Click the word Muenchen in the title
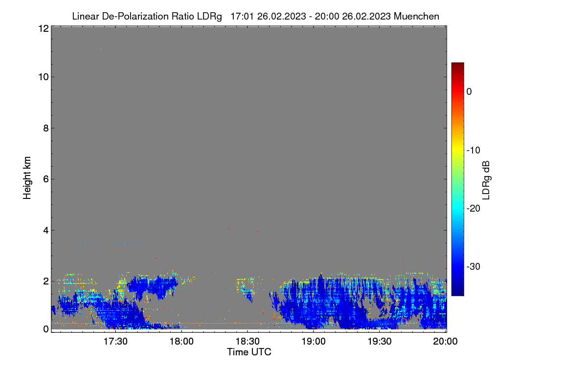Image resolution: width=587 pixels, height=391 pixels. click(x=416, y=17)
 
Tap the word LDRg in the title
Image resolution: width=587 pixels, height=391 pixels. click(x=209, y=17)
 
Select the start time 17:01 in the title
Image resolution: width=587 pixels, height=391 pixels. click(x=242, y=17)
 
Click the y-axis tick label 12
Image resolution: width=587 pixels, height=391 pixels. click(x=44, y=28)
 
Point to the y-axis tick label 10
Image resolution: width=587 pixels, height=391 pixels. click(x=44, y=77)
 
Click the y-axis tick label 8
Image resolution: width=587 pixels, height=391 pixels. click(x=46, y=128)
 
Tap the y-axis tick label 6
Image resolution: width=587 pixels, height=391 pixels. click(x=46, y=179)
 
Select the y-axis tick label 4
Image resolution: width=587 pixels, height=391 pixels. click(x=46, y=231)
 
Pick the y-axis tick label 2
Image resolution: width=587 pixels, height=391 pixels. click(x=46, y=281)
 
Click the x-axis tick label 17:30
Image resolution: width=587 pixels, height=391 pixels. click(x=115, y=342)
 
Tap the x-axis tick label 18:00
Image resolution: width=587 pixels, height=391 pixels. click(x=181, y=342)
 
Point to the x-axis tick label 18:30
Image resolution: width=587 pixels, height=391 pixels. click(x=248, y=342)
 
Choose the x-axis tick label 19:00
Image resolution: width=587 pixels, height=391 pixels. click(x=314, y=342)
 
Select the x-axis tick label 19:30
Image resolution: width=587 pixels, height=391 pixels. click(x=380, y=342)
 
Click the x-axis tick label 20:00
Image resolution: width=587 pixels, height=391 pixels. click(x=445, y=342)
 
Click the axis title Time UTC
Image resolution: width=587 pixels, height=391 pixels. click(x=249, y=352)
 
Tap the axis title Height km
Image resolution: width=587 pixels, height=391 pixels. click(x=27, y=178)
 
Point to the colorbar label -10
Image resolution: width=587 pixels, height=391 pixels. click(x=474, y=151)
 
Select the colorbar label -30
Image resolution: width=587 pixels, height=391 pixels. click(x=474, y=266)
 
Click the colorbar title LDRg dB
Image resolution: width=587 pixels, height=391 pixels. click(x=486, y=180)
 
